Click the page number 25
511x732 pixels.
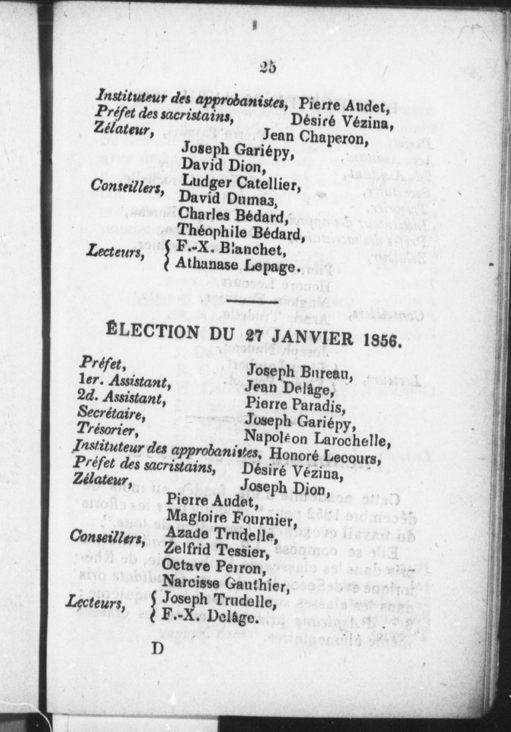268,67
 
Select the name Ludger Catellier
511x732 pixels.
240,182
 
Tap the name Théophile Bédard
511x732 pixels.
241,232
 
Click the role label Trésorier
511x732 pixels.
107,429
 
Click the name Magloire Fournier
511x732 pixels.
231,519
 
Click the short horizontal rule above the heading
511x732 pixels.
252,302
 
